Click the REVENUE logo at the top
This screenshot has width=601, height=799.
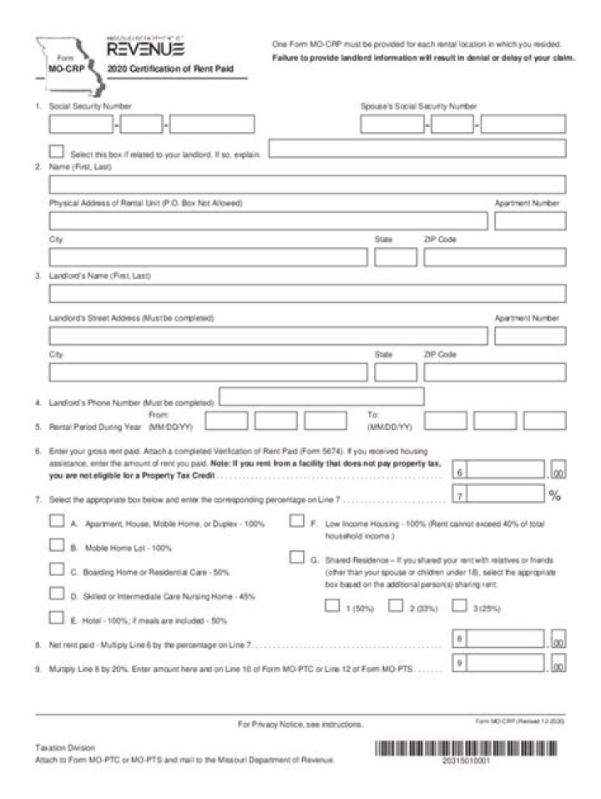point(146,50)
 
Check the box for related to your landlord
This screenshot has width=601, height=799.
point(57,152)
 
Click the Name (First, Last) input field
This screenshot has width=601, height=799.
point(306,185)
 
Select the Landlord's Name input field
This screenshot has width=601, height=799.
point(306,293)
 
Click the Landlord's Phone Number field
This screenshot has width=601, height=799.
point(321,397)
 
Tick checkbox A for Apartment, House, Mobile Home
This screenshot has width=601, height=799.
point(57,522)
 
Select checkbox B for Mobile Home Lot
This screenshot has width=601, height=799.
point(57,546)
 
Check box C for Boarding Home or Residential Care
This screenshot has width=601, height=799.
point(57,570)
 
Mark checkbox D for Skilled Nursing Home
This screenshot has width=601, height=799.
point(57,594)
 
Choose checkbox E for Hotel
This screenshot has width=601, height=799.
point(57,619)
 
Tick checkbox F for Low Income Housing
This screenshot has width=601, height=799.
point(296,522)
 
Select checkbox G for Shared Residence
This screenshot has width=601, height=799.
point(296,558)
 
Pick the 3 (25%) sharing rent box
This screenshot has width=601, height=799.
point(459,606)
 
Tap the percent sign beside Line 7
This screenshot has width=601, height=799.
point(555,496)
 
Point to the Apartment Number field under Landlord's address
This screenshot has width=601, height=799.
point(529,336)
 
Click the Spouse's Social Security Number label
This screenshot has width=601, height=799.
point(418,107)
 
